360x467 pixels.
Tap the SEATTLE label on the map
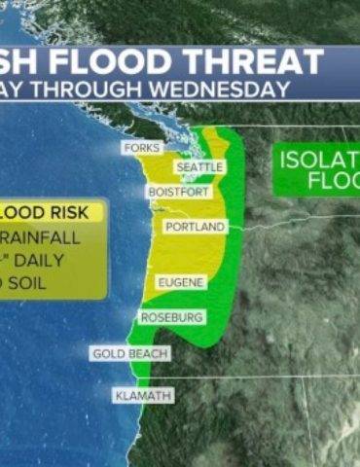[198, 167]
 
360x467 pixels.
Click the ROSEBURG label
[171, 317]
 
